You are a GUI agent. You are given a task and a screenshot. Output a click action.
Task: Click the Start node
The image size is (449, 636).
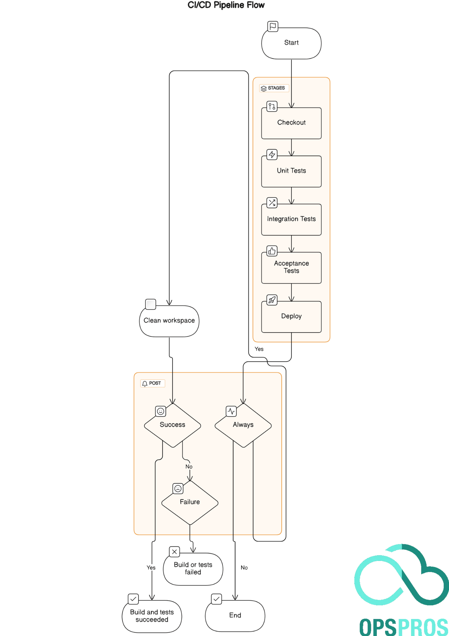[x=291, y=43]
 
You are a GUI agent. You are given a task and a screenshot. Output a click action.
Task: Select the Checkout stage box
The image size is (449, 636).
[x=291, y=123]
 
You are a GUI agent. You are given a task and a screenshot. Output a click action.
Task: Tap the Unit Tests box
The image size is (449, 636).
[x=291, y=171]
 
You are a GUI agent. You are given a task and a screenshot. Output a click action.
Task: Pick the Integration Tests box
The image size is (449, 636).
[x=291, y=219]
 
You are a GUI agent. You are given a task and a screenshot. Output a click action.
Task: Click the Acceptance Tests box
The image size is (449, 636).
[x=291, y=267]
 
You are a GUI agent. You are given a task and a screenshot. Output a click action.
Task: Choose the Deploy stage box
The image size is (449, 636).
[x=291, y=316]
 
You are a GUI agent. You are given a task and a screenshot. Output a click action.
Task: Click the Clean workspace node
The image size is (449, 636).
[x=169, y=321]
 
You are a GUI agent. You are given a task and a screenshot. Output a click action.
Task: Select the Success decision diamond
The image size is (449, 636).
[x=172, y=425]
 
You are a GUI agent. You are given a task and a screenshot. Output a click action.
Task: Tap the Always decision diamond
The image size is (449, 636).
[x=243, y=425]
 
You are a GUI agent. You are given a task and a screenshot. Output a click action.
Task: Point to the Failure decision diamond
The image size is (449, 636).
[x=190, y=502]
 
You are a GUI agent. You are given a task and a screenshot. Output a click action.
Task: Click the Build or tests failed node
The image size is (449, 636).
[x=193, y=569]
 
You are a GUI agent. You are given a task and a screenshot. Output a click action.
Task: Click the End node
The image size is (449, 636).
[x=235, y=615]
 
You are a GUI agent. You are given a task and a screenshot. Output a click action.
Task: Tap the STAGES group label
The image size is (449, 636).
[x=274, y=88]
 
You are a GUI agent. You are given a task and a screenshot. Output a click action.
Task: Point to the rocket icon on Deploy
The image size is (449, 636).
[x=272, y=300]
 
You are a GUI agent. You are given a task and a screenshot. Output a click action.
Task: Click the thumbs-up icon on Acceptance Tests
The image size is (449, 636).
[x=272, y=251]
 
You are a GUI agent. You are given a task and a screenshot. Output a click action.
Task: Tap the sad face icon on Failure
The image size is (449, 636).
[x=178, y=489]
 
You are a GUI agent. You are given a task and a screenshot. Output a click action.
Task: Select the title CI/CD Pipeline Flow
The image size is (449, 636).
[x=226, y=5]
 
